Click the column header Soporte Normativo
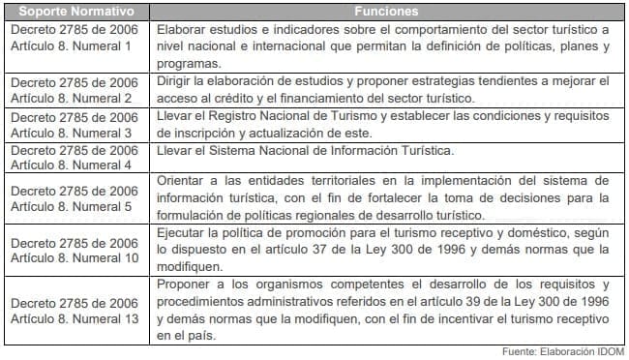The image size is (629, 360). pyautogui.click(x=76, y=13)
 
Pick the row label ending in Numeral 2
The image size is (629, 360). pyautogui.click(x=76, y=90)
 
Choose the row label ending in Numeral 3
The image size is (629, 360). pyautogui.click(x=76, y=125)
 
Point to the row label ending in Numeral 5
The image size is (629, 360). pyautogui.click(x=76, y=198)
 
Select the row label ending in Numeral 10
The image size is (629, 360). pyautogui.click(x=76, y=250)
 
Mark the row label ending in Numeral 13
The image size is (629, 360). pyautogui.click(x=76, y=310)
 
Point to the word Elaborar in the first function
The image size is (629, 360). pyautogui.click(x=179, y=29)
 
